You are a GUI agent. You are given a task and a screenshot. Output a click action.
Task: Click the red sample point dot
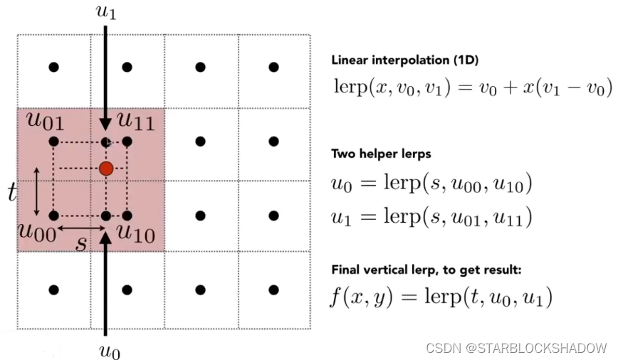[x=106, y=169]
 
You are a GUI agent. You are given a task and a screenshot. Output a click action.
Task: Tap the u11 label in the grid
[x=135, y=122]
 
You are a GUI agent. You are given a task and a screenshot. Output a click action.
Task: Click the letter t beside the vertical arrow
[x=13, y=193]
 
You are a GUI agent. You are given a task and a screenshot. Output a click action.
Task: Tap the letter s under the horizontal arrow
[x=81, y=244]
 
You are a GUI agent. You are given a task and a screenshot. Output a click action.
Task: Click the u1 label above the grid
[x=106, y=12]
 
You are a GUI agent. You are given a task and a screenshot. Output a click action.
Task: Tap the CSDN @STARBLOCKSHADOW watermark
[x=516, y=348]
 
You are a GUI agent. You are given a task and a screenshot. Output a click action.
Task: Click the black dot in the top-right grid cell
[x=273, y=67]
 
